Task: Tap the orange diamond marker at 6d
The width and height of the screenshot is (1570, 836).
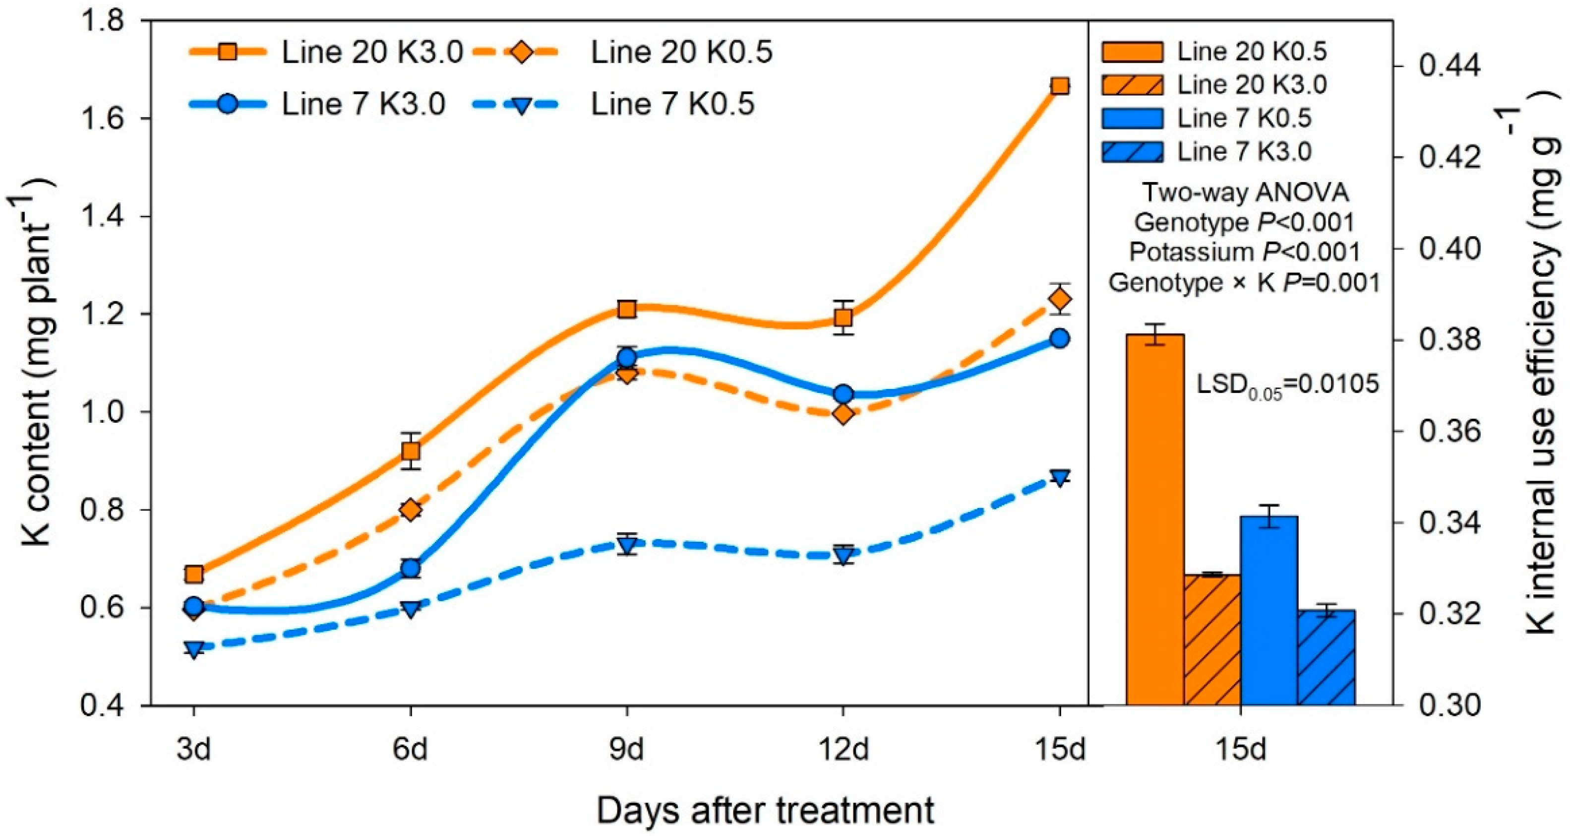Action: click(411, 509)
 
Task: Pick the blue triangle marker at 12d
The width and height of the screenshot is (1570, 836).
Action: click(844, 556)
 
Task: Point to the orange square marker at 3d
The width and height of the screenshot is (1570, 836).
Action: click(194, 574)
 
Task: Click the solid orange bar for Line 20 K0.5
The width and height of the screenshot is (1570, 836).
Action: click(1155, 519)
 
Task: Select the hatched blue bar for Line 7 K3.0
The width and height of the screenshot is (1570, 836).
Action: click(1326, 657)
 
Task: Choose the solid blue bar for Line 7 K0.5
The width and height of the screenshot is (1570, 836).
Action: click(1269, 610)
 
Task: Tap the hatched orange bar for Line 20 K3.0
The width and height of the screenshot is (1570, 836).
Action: click(1213, 640)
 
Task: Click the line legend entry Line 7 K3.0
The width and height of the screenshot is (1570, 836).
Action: click(317, 104)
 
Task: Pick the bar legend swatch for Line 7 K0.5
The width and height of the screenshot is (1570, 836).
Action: click(1132, 118)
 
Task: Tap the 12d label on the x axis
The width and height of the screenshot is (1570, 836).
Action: click(844, 748)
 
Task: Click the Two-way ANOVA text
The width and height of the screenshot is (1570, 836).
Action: click(1245, 193)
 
